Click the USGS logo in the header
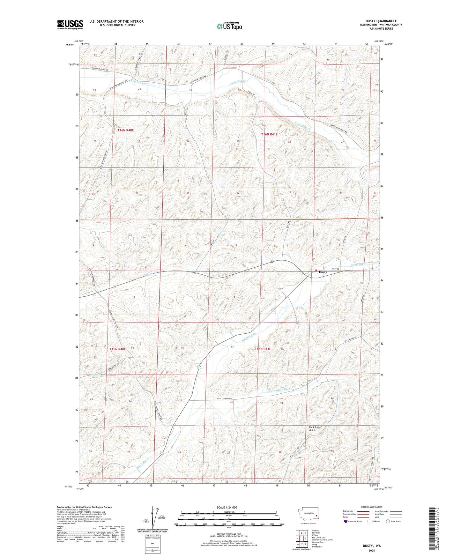pyautogui.click(x=70, y=25)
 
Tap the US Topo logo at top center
pyautogui.click(x=229, y=26)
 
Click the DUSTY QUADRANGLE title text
pyautogui.click(x=381, y=21)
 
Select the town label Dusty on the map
pyautogui.click(x=323, y=272)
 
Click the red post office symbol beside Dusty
pyautogui.click(x=316, y=271)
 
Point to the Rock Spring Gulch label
pyautogui.click(x=315, y=428)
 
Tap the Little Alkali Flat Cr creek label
pyautogui.click(x=280, y=390)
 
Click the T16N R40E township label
pyautogui.click(x=125, y=130)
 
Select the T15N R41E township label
pyautogui.click(x=263, y=349)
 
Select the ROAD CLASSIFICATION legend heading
pyautogui.click(x=372, y=507)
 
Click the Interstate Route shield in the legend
pyautogui.click(x=346, y=521)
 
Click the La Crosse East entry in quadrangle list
pyautogui.click(x=319, y=538)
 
